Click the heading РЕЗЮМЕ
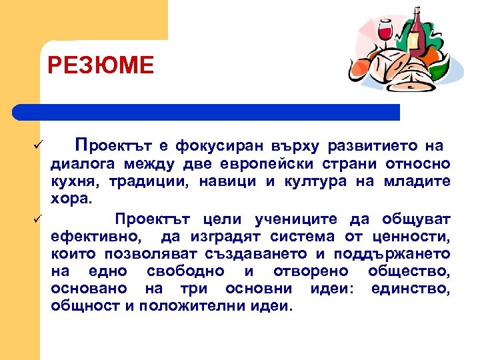coord(101,66)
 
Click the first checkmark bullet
coord(39,145)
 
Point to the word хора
coord(68,198)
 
